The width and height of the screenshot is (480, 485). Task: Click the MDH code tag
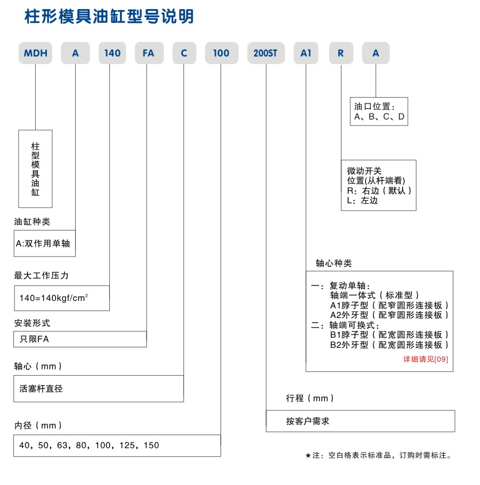[36, 53]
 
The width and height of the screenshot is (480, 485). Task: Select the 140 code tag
[113, 53]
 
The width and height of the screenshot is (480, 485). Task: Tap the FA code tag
[148, 53]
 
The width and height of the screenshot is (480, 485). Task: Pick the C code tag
[184, 53]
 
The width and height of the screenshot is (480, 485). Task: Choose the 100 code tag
[221, 53]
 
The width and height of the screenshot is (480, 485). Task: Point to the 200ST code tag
[266, 53]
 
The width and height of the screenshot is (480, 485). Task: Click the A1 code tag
[306, 53]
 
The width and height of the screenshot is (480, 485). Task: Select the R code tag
[340, 53]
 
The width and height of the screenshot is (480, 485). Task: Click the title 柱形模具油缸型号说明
[109, 17]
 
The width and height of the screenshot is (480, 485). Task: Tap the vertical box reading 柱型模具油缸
[36, 169]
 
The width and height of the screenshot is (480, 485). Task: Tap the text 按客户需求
[308, 421]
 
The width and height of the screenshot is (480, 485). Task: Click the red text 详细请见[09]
[426, 359]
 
